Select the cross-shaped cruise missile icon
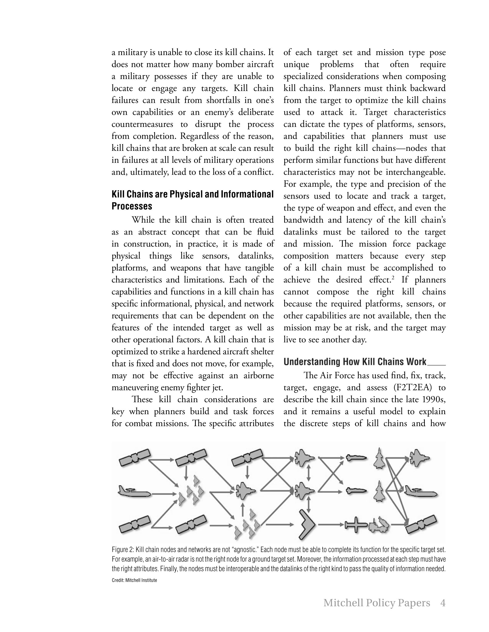click(356, 525)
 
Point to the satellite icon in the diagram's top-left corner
click(135, 458)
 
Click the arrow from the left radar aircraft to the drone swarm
click(164, 494)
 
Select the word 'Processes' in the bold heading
click(132, 206)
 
